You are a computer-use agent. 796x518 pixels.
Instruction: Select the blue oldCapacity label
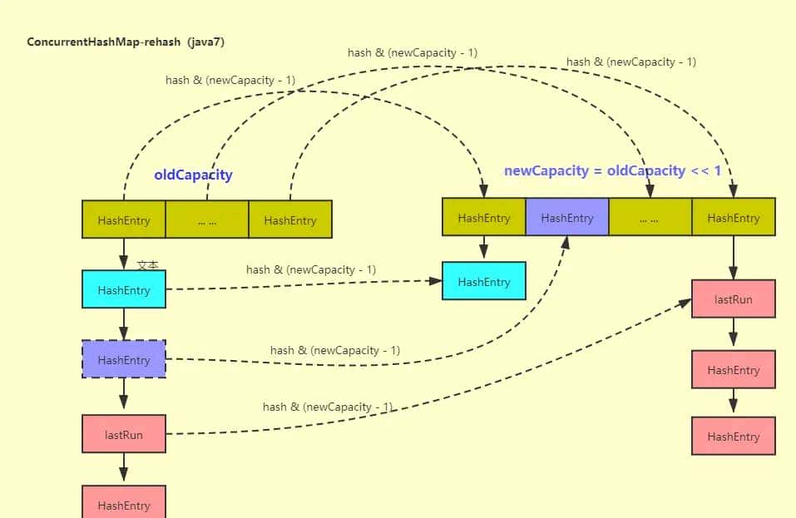click(193, 175)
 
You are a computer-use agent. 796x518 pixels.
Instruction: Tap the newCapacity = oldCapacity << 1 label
click(612, 170)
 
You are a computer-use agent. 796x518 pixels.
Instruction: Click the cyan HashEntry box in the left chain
click(124, 290)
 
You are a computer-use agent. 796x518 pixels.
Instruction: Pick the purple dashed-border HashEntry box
click(124, 360)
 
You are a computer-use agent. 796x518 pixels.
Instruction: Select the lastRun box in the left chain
click(124, 435)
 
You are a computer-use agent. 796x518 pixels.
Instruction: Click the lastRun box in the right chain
click(733, 299)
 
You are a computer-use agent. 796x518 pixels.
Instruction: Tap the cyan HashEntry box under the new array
click(483, 282)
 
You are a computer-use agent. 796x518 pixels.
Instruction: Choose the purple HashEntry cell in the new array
click(566, 218)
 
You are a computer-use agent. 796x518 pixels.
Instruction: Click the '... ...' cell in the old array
click(207, 220)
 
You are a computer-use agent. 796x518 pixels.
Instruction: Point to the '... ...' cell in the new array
click(650, 218)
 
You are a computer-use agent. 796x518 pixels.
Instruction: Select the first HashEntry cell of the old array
click(124, 220)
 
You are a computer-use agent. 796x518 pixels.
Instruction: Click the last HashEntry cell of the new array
click(733, 218)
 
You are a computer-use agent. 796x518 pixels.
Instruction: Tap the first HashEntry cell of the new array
click(483, 218)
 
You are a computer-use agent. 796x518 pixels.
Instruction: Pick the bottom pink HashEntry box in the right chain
click(733, 437)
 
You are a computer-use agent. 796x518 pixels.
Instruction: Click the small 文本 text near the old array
click(147, 264)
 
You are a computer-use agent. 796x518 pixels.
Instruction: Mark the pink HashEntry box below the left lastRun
click(124, 504)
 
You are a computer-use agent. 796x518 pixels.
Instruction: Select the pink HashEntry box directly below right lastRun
click(733, 370)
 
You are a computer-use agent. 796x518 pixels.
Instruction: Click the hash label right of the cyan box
click(310, 269)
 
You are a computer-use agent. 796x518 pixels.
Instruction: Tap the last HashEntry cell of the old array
click(290, 220)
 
